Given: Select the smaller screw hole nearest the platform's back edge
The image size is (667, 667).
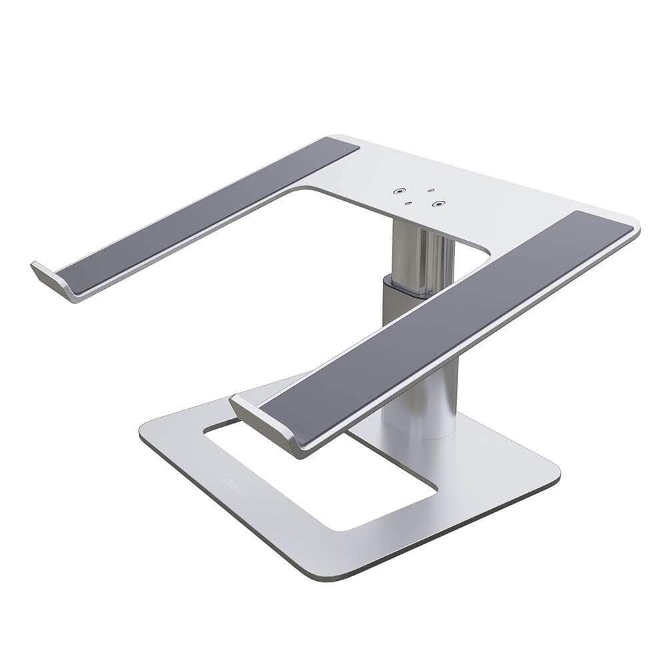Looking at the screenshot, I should coord(431,191).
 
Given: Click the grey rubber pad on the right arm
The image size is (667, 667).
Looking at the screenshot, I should coord(447,327).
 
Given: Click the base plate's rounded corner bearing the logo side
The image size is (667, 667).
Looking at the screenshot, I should coord(147,437).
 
